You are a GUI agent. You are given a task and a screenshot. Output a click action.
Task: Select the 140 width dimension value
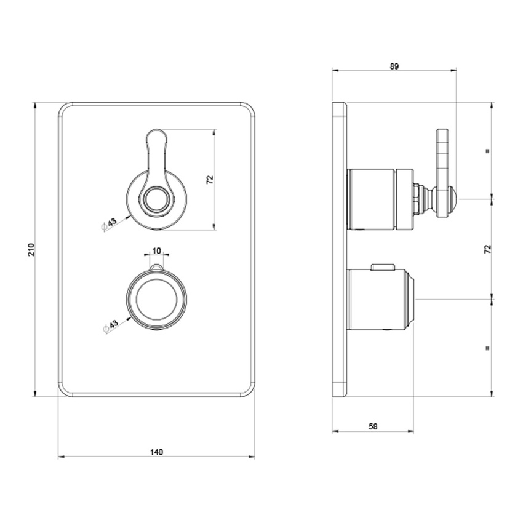pyautogui.click(x=156, y=452)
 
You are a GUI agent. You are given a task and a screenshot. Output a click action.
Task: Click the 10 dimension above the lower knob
pyautogui.click(x=156, y=250)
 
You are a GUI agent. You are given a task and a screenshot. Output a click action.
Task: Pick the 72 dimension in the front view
pyautogui.click(x=209, y=180)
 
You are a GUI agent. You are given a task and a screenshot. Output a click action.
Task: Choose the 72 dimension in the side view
pyautogui.click(x=487, y=249)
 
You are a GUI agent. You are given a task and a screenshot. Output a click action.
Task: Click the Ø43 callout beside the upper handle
pyautogui.click(x=108, y=224)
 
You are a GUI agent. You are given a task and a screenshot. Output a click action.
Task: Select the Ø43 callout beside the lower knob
pyautogui.click(x=108, y=326)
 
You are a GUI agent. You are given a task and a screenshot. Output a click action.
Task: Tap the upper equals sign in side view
pyautogui.click(x=487, y=150)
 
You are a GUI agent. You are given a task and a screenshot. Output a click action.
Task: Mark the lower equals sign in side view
pyautogui.click(x=487, y=348)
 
